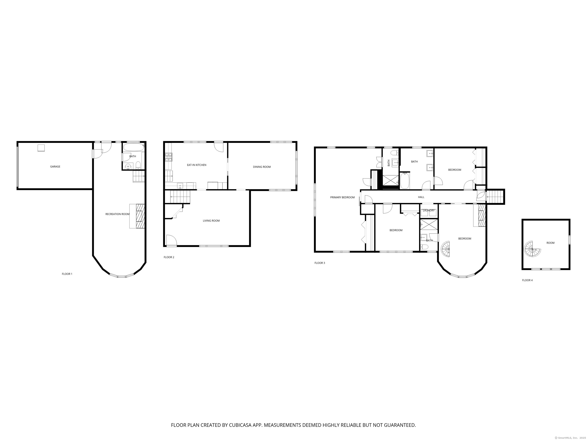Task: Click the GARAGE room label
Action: (x=55, y=167)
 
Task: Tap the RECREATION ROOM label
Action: (x=117, y=214)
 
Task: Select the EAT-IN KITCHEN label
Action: (x=197, y=165)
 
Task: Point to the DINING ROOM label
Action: (x=262, y=167)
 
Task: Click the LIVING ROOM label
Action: (x=211, y=221)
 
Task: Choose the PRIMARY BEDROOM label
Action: (x=342, y=197)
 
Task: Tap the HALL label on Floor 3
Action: (x=421, y=197)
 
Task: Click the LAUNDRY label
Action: (x=429, y=210)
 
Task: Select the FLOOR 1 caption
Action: (x=67, y=274)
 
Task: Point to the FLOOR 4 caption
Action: (x=527, y=280)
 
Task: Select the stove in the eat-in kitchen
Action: (x=169, y=157)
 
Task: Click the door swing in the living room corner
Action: (x=171, y=240)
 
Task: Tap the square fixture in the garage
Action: (x=41, y=148)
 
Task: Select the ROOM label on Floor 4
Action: (x=550, y=243)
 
